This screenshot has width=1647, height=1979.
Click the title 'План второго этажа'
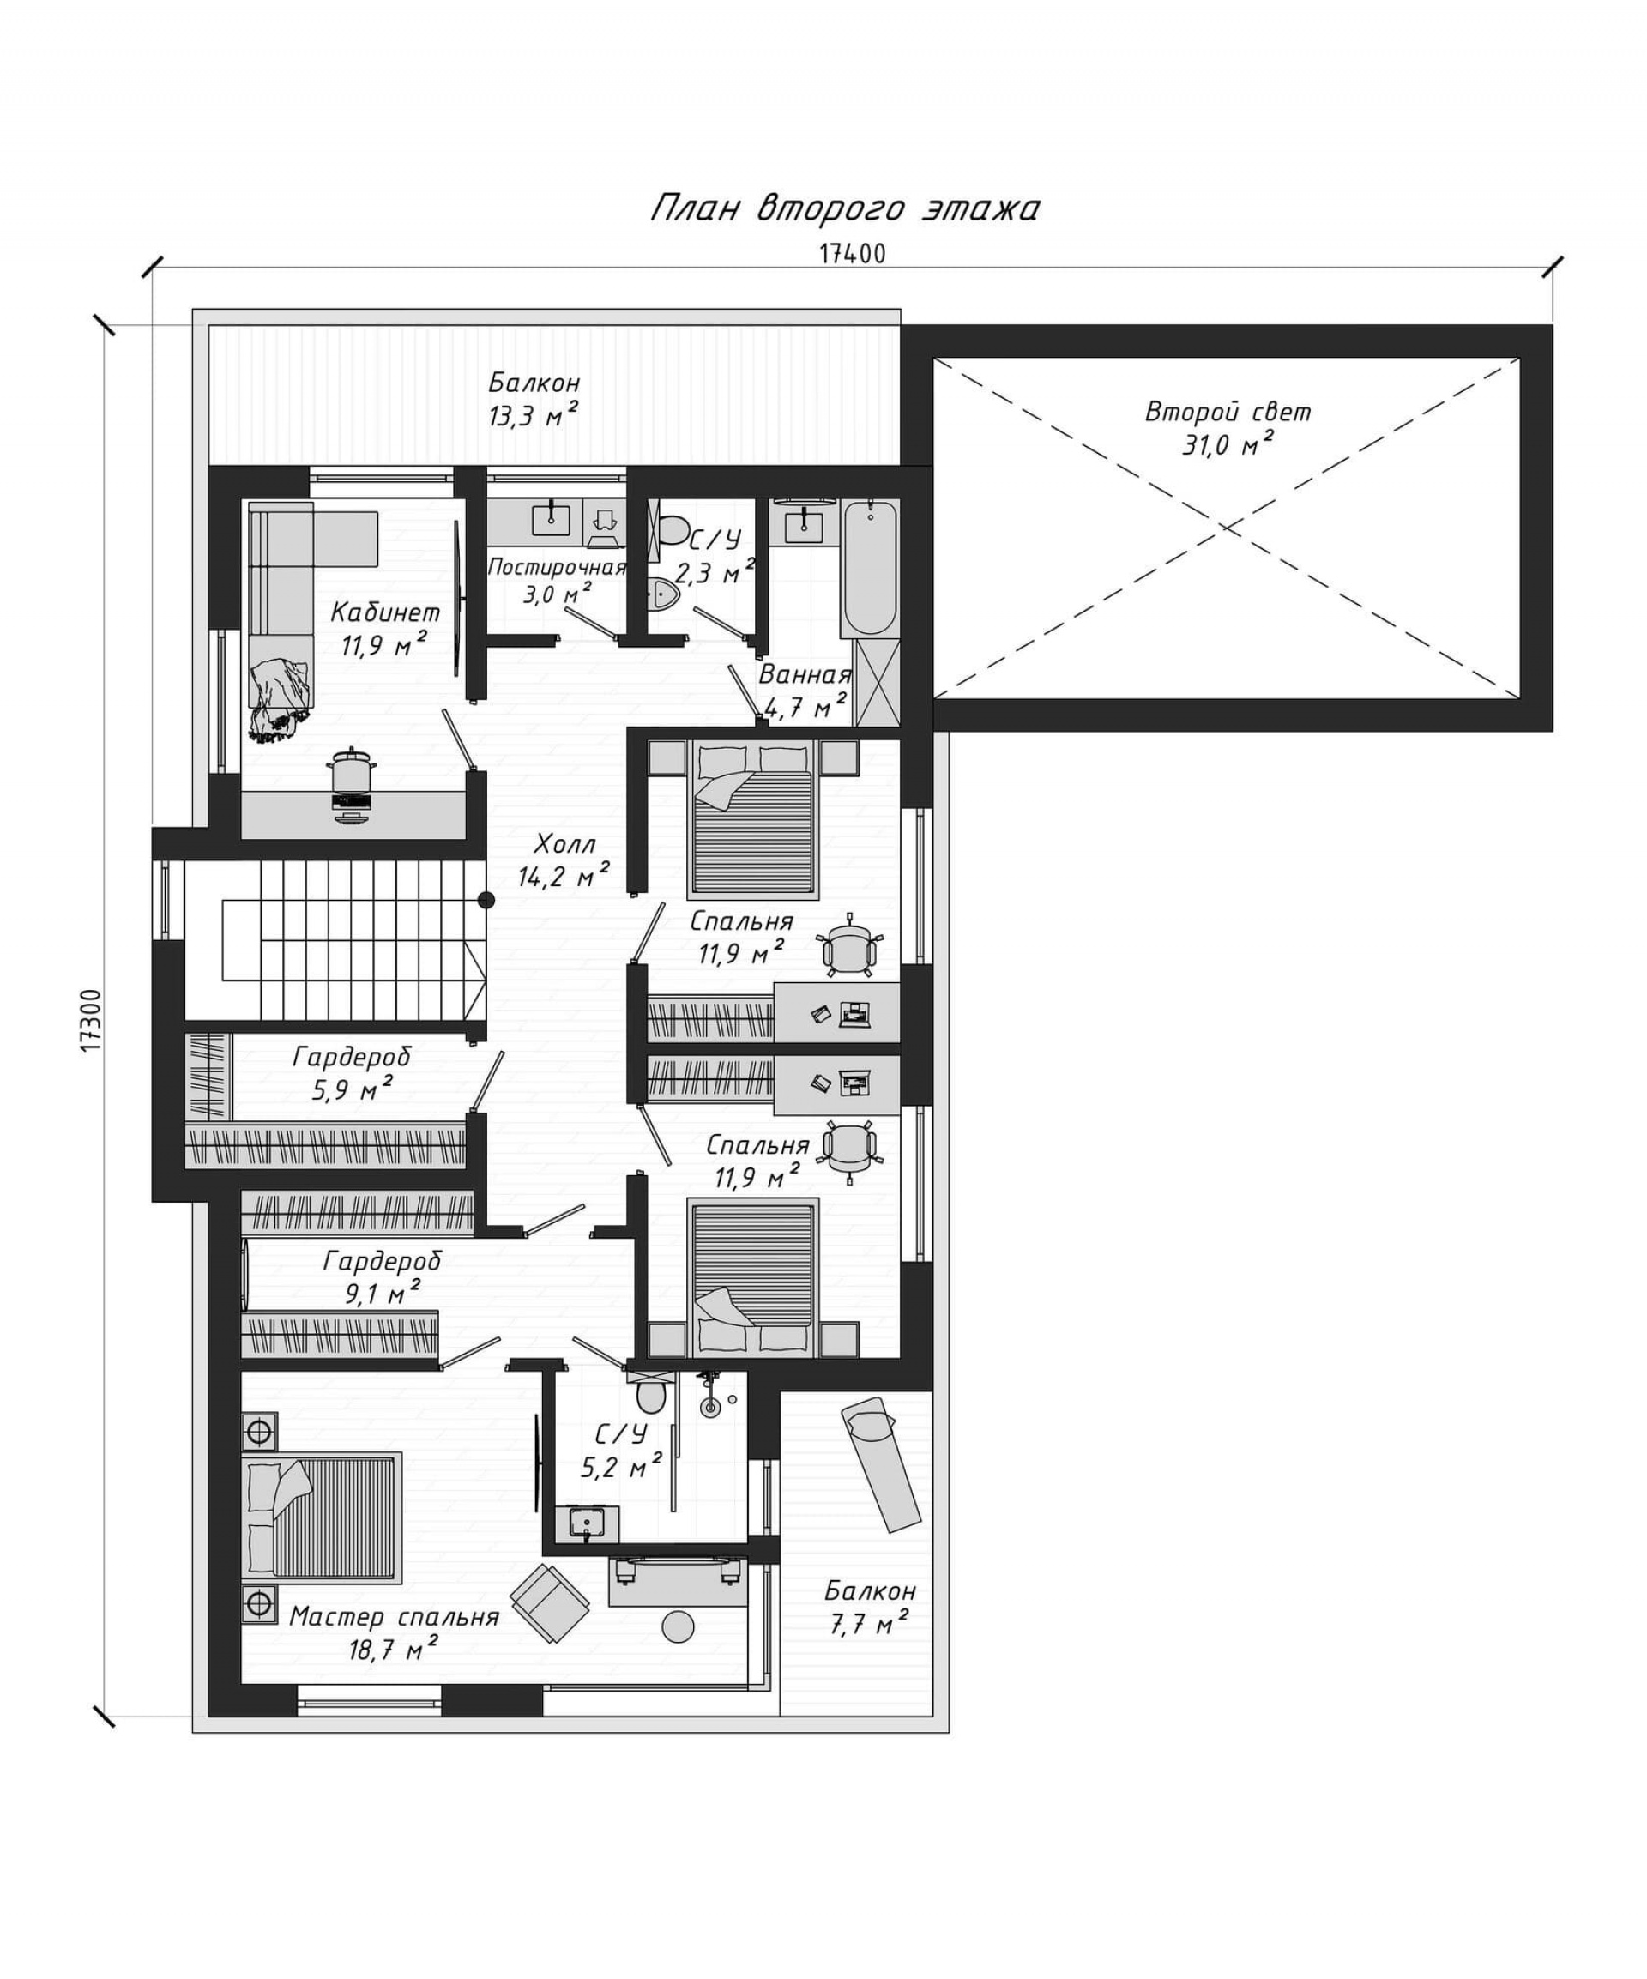[x=845, y=208]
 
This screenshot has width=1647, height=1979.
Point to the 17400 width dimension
[x=852, y=254]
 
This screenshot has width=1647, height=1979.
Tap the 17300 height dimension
[x=89, y=1021]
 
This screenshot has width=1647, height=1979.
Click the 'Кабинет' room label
[x=384, y=612]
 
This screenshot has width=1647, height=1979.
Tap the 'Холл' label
[x=564, y=842]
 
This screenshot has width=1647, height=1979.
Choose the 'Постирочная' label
[x=557, y=567]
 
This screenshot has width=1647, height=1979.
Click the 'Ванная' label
[x=805, y=675]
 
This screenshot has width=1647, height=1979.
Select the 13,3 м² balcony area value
[x=533, y=415]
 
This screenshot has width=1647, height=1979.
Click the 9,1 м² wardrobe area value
[x=383, y=1292]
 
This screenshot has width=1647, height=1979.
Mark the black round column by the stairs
[x=486, y=900]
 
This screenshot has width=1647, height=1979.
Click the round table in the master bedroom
[x=679, y=1626]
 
